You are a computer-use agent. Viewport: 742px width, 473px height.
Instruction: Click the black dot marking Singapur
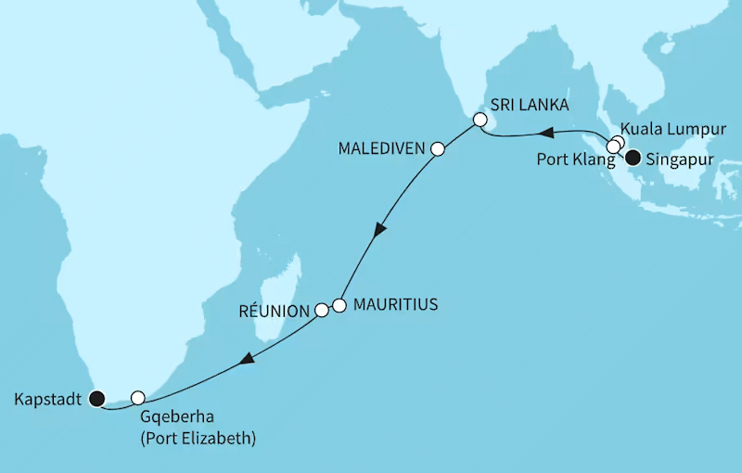click(633, 156)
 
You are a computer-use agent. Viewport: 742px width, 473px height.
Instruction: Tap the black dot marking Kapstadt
click(97, 400)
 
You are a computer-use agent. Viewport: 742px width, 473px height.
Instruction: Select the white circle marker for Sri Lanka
click(480, 120)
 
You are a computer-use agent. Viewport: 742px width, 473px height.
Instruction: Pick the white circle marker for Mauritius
click(339, 304)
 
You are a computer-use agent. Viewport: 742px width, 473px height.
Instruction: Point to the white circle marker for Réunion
click(322, 311)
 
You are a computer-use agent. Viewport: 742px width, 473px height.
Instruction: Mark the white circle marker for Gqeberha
click(138, 398)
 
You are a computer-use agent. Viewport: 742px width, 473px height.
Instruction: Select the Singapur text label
click(681, 157)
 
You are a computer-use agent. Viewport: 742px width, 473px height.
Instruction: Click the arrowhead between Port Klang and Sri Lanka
click(548, 132)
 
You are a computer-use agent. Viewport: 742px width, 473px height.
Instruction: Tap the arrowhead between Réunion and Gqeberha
click(247, 359)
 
